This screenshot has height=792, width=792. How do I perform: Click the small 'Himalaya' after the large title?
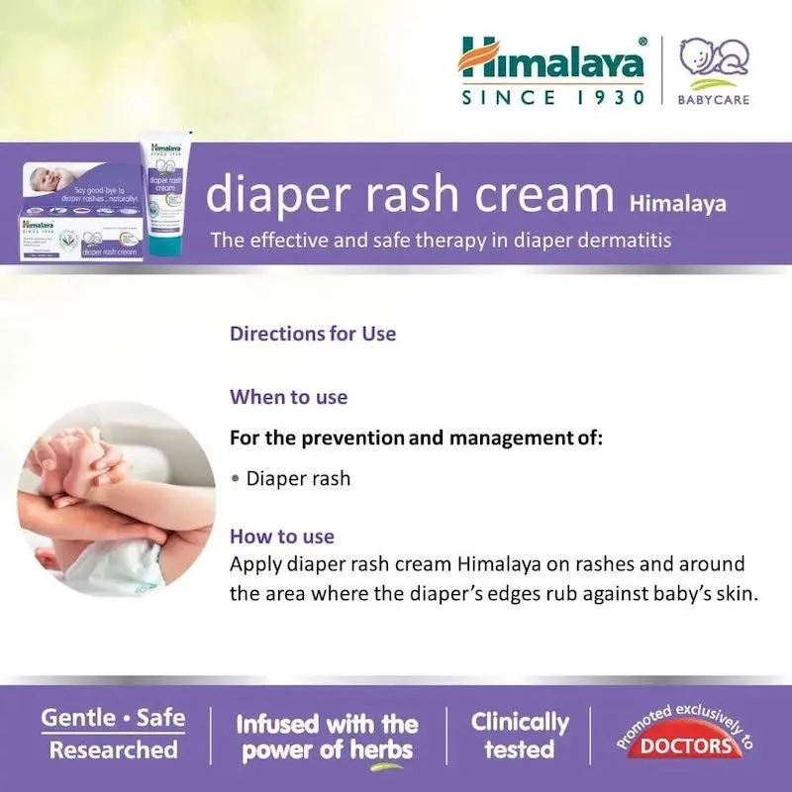tap(677, 205)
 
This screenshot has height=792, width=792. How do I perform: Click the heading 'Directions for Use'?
tap(313, 334)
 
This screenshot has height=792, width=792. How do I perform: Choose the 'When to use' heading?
tap(288, 397)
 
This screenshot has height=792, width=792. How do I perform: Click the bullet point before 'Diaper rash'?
tap(235, 479)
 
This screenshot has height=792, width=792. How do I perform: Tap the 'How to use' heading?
tap(282, 537)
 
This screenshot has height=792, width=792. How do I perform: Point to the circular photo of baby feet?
tap(117, 498)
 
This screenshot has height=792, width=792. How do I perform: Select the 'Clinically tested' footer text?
tap(520, 736)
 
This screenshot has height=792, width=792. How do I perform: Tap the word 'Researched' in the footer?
tap(113, 749)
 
